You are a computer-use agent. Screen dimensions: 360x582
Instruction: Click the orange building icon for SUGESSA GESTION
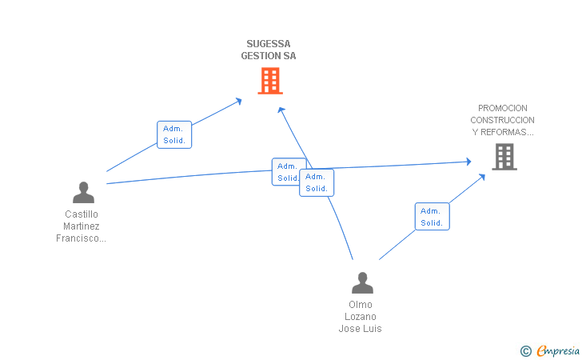[x=270, y=80]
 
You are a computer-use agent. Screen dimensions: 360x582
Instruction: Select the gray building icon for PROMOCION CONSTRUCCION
[x=504, y=157]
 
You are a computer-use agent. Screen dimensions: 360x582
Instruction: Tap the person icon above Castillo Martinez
[x=83, y=192]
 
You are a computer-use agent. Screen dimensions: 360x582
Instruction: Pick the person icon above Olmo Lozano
[x=362, y=282]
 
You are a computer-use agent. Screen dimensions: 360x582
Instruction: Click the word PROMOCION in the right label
[x=503, y=108]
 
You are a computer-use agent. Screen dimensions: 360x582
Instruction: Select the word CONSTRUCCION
[x=503, y=120]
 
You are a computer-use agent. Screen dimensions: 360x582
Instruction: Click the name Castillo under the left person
[x=81, y=214]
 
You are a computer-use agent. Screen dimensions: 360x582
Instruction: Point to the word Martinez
[x=81, y=226]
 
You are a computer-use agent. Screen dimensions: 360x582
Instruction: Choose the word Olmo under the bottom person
[x=361, y=305]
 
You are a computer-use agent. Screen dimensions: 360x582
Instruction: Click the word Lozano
[x=361, y=317]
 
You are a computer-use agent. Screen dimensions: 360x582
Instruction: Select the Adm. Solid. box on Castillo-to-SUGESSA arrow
[x=174, y=134]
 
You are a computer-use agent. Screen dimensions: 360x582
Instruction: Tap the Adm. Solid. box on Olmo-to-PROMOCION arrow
[x=432, y=217]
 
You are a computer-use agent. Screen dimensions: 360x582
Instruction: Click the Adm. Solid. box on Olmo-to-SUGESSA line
[x=317, y=182]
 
